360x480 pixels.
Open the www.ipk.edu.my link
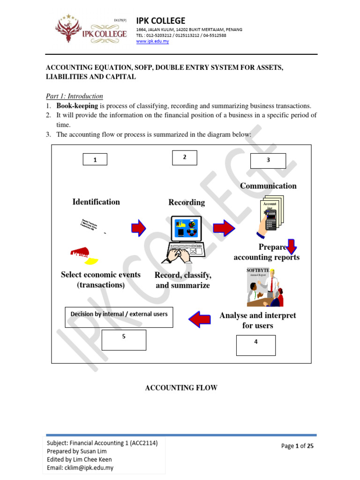click(152, 41)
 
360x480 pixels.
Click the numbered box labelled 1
click(95, 160)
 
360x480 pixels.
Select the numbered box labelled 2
click(184, 158)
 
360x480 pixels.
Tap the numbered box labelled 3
click(268, 160)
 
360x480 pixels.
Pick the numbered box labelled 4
click(255, 345)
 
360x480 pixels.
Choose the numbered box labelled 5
click(124, 340)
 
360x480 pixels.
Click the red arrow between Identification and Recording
click(138, 228)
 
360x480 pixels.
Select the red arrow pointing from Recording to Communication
click(224, 228)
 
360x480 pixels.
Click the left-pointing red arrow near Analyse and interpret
click(200, 320)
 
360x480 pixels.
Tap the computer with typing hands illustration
click(185, 239)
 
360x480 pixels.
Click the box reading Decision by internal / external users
click(119, 317)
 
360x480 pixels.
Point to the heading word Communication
click(268, 186)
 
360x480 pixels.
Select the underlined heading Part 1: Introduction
click(74, 96)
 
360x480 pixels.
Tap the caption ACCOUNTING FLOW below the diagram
click(181, 388)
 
